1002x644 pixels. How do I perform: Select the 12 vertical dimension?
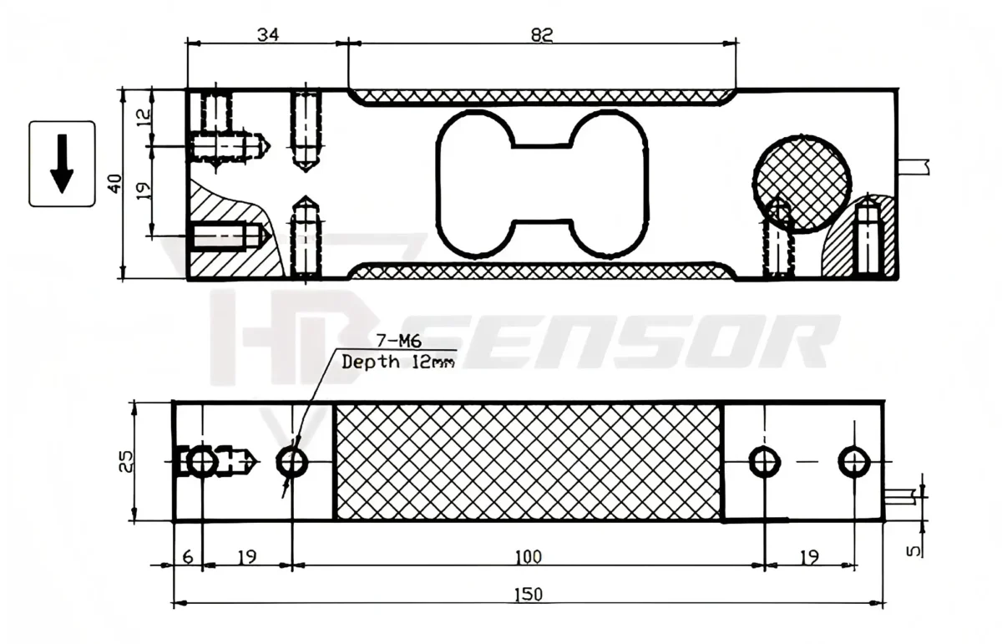click(x=143, y=117)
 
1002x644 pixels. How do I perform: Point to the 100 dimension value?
click(x=529, y=555)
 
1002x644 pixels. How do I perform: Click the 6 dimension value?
click(x=187, y=555)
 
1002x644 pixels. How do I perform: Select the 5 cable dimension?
click(x=914, y=550)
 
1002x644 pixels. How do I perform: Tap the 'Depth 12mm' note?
click(x=399, y=362)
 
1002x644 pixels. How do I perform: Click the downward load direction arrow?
click(x=62, y=165)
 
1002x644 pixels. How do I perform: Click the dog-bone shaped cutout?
click(x=541, y=183)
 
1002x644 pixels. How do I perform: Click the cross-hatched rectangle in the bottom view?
click(x=528, y=461)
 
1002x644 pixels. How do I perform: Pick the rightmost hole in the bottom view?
click(x=853, y=461)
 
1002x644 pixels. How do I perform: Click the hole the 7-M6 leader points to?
click(x=291, y=461)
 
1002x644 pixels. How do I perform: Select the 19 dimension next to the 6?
click(x=248, y=555)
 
